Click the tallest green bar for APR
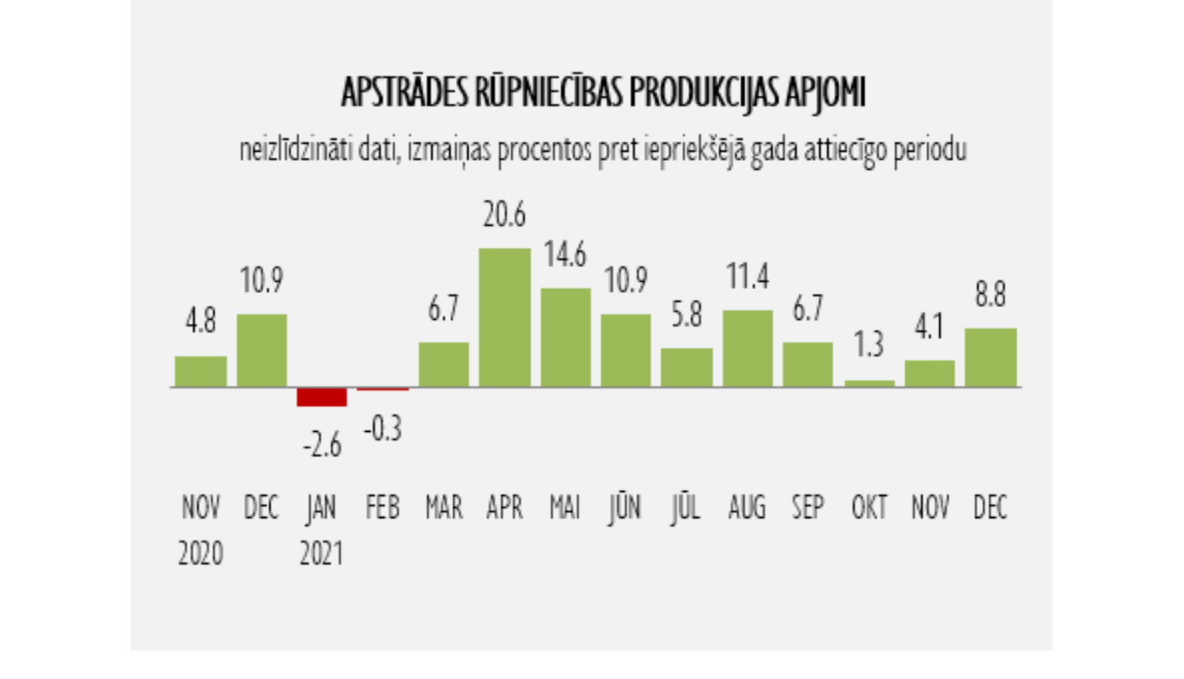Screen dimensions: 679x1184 click(504, 317)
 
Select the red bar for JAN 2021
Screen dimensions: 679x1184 click(322, 397)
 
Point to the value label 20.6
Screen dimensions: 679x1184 click(504, 215)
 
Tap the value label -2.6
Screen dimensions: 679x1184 click(322, 446)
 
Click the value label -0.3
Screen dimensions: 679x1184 click(383, 429)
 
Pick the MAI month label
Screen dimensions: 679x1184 click(565, 508)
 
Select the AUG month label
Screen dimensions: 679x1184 click(747, 508)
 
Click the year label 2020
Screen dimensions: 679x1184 click(200, 553)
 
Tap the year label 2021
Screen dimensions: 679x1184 click(321, 553)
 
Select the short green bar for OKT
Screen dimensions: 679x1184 click(869, 383)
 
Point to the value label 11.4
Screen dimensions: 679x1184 click(747, 276)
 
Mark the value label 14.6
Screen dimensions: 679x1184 click(565, 255)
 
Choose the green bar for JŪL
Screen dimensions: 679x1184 click(687, 367)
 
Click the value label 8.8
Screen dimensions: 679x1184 click(990, 294)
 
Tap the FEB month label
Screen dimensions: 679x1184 click(383, 508)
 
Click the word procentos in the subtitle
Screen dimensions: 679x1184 click(545, 150)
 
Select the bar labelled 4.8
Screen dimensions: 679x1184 click(200, 371)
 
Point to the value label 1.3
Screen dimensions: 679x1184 click(869, 345)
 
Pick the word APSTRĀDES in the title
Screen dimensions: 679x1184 click(404, 93)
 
